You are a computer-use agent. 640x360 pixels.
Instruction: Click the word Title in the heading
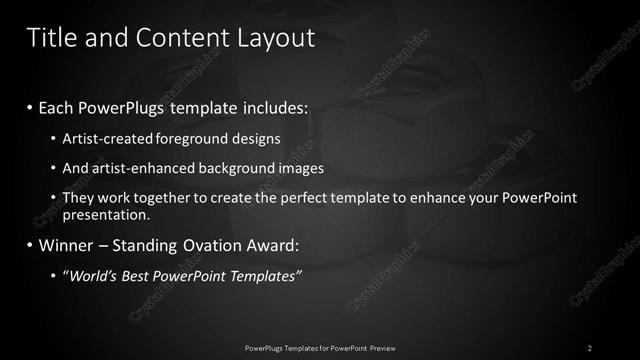(x=49, y=38)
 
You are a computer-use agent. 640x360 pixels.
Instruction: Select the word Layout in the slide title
(x=276, y=38)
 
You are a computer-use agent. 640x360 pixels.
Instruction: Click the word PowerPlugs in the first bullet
(x=130, y=105)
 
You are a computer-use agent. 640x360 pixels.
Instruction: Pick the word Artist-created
(x=102, y=138)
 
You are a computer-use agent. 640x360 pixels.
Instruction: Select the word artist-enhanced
(x=134, y=168)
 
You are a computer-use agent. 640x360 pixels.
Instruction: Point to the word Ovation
(x=206, y=244)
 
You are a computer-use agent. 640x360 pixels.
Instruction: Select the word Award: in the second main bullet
(x=271, y=244)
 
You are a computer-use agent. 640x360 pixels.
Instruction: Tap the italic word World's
(x=93, y=275)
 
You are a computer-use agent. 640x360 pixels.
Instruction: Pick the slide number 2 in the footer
(x=590, y=347)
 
